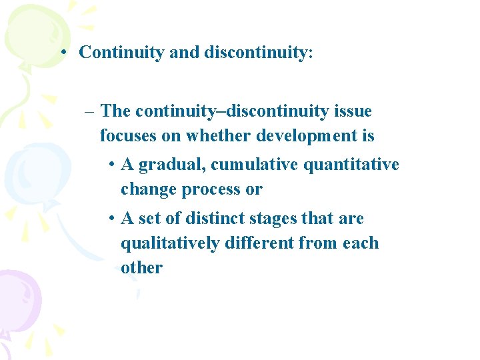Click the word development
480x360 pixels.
[x=309, y=137]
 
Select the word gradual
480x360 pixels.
[x=168, y=165]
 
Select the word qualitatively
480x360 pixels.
[x=170, y=243]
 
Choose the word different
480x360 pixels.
[x=260, y=243]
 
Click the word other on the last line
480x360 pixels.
[x=141, y=268]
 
